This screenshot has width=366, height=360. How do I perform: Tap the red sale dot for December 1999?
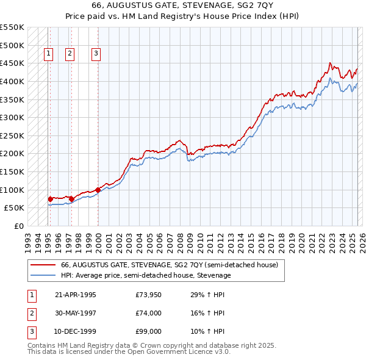[x=98, y=190]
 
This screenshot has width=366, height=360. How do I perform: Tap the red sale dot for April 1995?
[x=50, y=199]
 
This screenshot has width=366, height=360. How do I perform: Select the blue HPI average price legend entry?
[x=146, y=275]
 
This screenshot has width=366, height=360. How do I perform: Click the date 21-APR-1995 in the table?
[x=76, y=295]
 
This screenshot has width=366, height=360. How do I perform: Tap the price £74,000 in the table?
[x=149, y=313]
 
